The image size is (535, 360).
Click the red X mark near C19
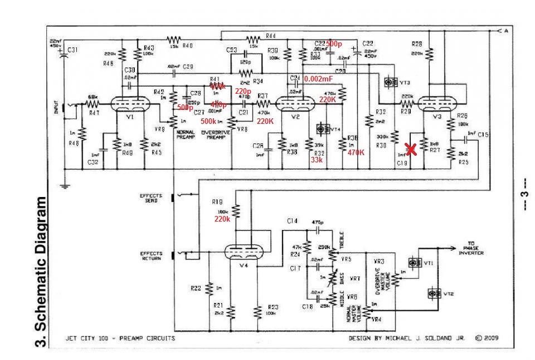pyautogui.click(x=411, y=149)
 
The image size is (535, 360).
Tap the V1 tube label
pyautogui.click(x=129, y=118)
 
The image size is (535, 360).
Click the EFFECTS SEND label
pyautogui.click(x=151, y=198)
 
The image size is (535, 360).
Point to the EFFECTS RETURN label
pyautogui.click(x=151, y=256)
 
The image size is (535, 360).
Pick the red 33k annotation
pyautogui.click(x=316, y=159)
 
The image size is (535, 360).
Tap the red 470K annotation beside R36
pyautogui.click(x=356, y=152)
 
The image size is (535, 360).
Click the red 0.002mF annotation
pyautogui.click(x=319, y=80)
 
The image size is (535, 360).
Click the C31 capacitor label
pyautogui.click(x=73, y=50)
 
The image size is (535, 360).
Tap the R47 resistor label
pyautogui.click(x=94, y=113)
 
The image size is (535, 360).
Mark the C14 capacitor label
pyautogui.click(x=293, y=222)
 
